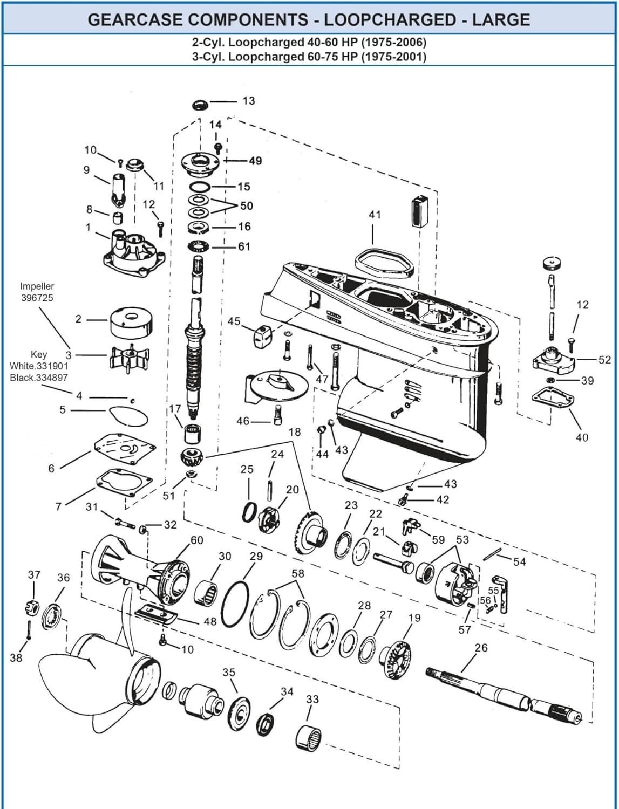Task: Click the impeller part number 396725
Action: click(x=37, y=298)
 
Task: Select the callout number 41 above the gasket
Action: click(x=375, y=215)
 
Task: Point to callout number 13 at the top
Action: click(x=248, y=101)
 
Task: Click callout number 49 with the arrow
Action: click(x=255, y=161)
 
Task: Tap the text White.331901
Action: click(x=39, y=366)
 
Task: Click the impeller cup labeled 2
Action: click(x=131, y=322)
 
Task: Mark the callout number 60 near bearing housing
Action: click(x=196, y=540)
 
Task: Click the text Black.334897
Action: click(x=39, y=378)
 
